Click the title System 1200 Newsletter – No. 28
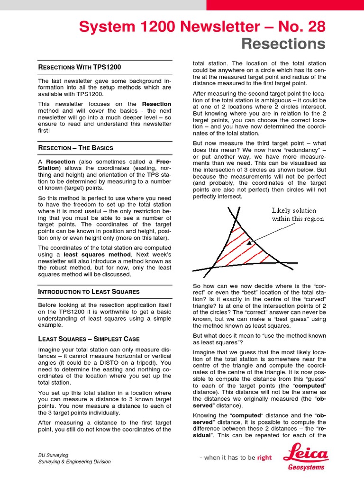pyautogui.click(x=202, y=27)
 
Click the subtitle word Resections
pyautogui.click(x=283, y=44)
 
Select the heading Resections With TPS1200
pyautogui.click(x=71, y=68)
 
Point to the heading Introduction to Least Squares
pyautogui.click(x=89, y=292)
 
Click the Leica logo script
pyautogui.click(x=305, y=454)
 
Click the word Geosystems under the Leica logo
pyautogui.click(x=307, y=467)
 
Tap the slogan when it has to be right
pyautogui.click(x=236, y=458)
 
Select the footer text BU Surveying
pyautogui.click(x=53, y=455)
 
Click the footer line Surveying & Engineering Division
pyautogui.click(x=74, y=462)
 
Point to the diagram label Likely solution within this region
pyautogui.click(x=298, y=215)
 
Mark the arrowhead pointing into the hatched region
pyautogui.click(x=249, y=242)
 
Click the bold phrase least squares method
pyautogui.click(x=90, y=254)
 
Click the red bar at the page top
pyautogui.click(x=285, y=5)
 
